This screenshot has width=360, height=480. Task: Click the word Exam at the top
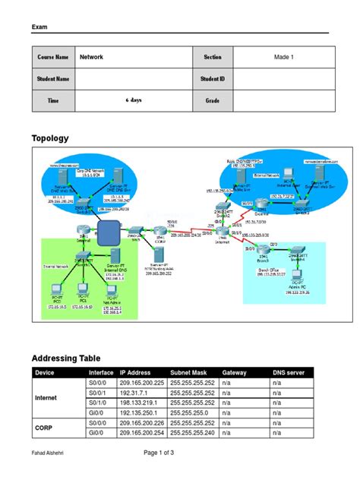39,27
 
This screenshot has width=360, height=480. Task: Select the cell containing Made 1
278,57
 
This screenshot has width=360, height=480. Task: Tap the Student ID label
212,78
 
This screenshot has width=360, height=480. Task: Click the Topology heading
49,138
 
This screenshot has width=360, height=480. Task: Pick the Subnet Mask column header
190,373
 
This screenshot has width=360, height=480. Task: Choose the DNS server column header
292,373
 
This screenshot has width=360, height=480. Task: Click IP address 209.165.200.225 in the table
142,384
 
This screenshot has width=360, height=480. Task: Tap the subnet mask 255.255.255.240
193,431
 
